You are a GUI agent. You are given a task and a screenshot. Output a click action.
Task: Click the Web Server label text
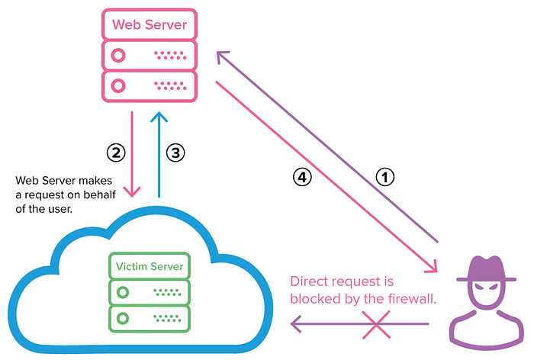149,24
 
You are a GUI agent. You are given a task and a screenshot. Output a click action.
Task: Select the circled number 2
115,153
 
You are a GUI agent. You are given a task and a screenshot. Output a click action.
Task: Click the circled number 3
175,153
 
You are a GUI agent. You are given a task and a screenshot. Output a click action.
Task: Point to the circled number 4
303,177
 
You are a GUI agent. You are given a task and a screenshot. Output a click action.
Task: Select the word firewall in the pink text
410,299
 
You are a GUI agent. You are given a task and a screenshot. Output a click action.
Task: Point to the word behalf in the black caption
95,195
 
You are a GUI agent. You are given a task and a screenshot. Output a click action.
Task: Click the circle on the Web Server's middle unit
118,56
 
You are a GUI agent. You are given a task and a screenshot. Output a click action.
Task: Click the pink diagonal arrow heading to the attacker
328,175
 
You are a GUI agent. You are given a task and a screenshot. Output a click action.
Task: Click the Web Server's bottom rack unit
149,84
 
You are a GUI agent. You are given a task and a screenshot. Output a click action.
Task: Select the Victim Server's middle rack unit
150,291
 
